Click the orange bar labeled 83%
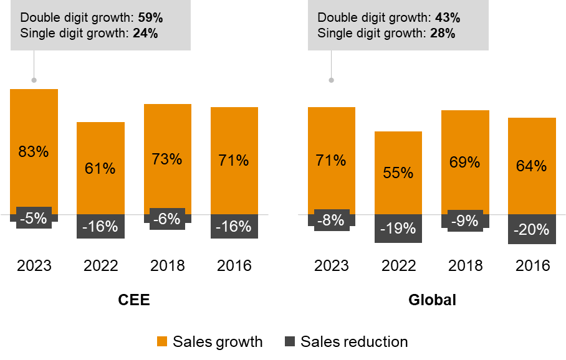pos(34,125)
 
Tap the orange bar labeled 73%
pos(167,131)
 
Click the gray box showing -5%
pos(34,218)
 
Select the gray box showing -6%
pos(167,219)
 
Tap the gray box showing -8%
pos(331,220)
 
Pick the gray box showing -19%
pos(398,229)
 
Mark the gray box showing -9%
pos(464,220)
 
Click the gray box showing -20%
pos(532,230)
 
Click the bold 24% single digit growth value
pos(145,34)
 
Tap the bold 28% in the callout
pos(443,34)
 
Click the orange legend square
pos(162,341)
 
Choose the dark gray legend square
pos(290,341)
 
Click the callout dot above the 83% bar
pos(34,80)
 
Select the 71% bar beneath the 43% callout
pos(331,134)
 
